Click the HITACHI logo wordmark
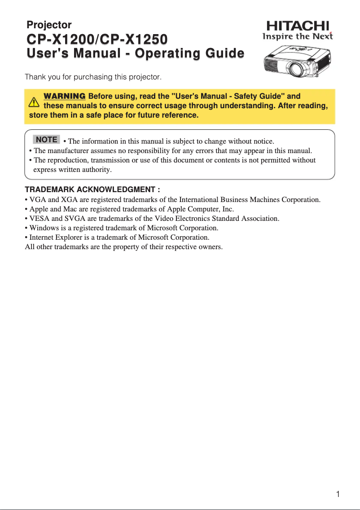pos(298,26)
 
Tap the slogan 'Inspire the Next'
pos(298,36)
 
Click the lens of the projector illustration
pos(296,69)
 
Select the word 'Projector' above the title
pos(49,25)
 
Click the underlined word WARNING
pos(64,97)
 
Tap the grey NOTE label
pos(46,140)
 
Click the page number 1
pos(338,495)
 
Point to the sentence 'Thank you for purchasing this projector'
pos(93,77)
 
